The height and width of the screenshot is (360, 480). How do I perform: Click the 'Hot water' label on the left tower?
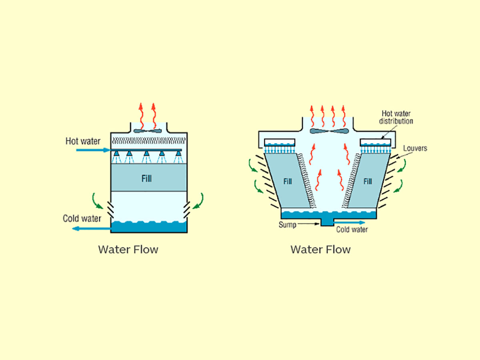[83, 141]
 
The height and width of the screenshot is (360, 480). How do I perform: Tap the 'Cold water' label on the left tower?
[82, 218]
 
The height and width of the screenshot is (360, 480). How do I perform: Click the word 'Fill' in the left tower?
[147, 178]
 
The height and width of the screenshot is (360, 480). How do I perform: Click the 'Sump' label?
[287, 225]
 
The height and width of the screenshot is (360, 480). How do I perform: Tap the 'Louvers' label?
[415, 148]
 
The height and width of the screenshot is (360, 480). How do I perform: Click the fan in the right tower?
[329, 131]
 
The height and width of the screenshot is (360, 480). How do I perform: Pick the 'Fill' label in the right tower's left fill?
[288, 182]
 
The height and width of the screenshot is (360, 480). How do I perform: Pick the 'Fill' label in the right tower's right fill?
[368, 182]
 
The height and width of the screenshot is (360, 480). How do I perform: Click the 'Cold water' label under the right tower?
[352, 230]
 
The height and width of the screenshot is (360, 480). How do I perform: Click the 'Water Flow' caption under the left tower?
[128, 250]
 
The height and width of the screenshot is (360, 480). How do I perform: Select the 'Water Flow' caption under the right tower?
[320, 250]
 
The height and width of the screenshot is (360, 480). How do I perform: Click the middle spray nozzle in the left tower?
[147, 154]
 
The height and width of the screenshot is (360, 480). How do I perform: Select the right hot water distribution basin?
[375, 142]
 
